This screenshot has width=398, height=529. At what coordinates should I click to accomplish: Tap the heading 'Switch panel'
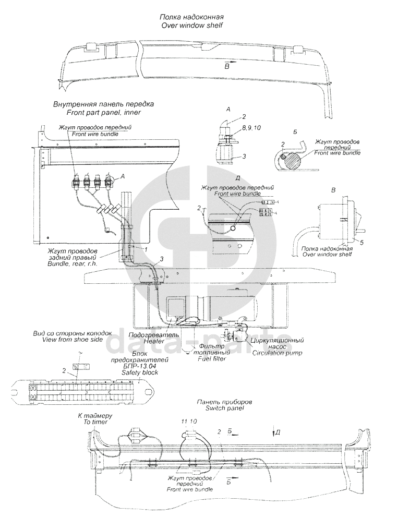click(225, 408)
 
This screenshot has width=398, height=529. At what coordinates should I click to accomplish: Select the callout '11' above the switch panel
click(184, 422)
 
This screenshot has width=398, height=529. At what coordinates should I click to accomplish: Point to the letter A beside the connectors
click(123, 177)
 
